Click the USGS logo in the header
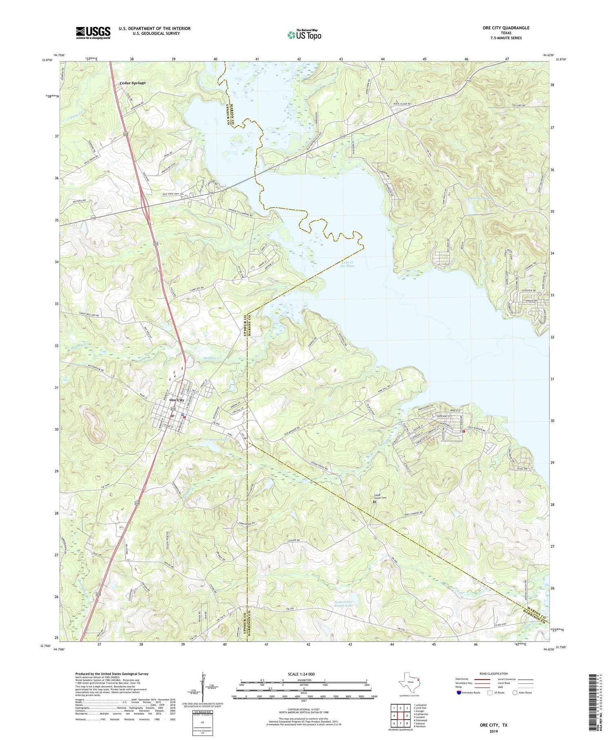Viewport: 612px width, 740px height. (93, 33)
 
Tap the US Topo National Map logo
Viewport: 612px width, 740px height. (304, 35)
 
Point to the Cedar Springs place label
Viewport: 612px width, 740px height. (132, 83)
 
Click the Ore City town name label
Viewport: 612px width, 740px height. (177, 400)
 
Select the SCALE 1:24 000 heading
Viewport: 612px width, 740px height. (302, 674)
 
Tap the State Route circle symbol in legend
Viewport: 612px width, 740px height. (515, 693)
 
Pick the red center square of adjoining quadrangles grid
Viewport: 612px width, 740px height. (401, 716)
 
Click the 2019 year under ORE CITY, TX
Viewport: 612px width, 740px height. (493, 731)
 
